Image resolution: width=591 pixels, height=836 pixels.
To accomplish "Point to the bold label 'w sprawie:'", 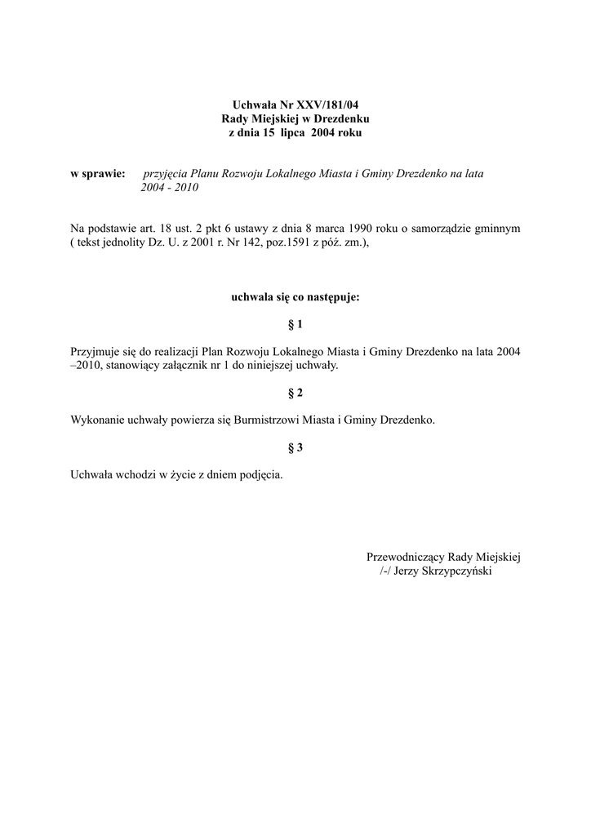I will tap(98, 174).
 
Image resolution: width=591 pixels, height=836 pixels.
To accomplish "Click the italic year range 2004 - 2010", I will tap(170, 187).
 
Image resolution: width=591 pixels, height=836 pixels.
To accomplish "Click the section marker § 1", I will tap(295, 324).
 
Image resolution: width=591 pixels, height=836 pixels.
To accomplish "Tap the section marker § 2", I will tap(295, 393).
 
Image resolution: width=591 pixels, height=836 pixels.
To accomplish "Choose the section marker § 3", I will tap(295, 447).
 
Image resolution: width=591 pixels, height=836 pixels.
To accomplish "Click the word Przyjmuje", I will tap(98, 351).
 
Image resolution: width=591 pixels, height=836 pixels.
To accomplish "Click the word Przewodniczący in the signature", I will tap(405, 557).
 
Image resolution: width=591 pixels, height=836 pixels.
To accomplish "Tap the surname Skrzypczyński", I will tap(455, 571).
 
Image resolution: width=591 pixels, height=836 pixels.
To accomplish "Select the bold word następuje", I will tap(331, 297).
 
